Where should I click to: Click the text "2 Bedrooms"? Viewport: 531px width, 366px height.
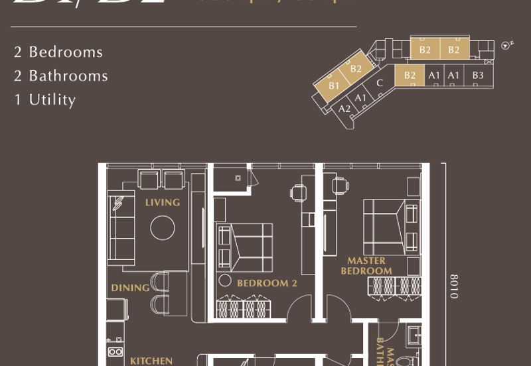tap(58, 52)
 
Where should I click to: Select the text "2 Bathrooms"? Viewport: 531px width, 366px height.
tap(61, 76)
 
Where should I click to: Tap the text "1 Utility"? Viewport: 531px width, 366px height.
tap(45, 99)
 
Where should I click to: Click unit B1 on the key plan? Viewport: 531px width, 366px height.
tap(334, 86)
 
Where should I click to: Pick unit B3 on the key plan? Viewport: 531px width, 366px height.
tap(478, 76)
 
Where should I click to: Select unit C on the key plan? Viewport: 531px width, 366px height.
tap(380, 84)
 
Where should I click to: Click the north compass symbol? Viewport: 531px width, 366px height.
tap(508, 45)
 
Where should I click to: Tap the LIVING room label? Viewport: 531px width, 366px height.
tap(163, 202)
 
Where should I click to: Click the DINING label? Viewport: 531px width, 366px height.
tap(130, 288)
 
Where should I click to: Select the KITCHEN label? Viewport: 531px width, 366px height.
tap(151, 361)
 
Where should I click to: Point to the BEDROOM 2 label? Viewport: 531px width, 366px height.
tap(267, 283)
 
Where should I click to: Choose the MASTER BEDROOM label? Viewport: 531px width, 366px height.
tap(366, 266)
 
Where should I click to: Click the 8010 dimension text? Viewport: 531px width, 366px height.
tap(454, 286)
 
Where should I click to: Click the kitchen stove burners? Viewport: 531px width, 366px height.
tap(115, 351)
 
